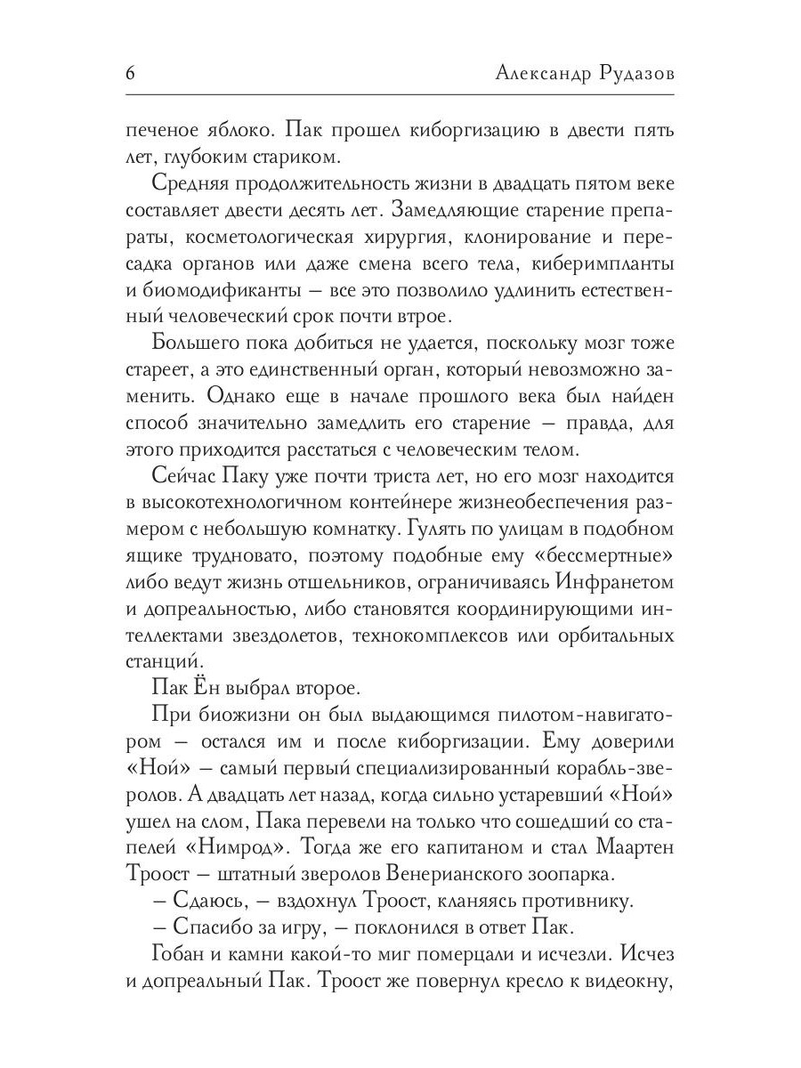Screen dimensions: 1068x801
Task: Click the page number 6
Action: click(x=130, y=74)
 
